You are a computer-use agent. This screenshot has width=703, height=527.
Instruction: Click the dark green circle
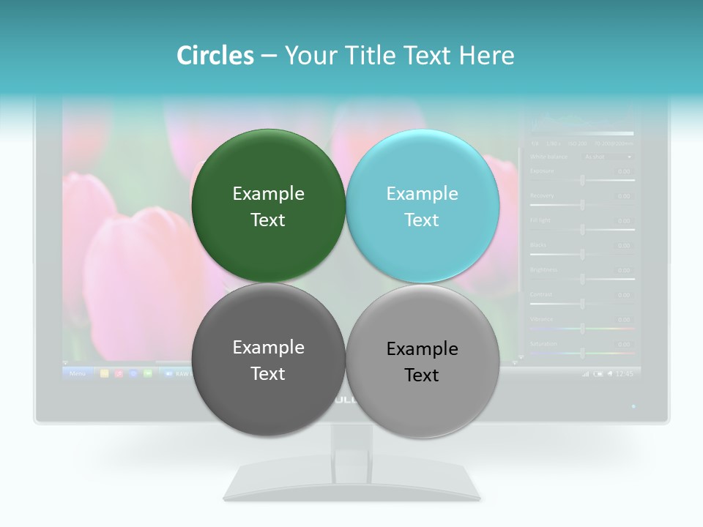(268, 206)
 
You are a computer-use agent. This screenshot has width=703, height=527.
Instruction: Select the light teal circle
(423, 206)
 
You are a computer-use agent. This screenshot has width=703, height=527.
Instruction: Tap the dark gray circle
(268, 360)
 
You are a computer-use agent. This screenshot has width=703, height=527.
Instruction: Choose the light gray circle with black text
(423, 361)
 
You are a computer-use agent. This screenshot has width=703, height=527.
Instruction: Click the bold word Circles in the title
(215, 56)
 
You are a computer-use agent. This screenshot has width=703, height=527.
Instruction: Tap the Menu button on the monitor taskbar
(78, 373)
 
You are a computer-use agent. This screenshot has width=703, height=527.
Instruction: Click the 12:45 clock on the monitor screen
(624, 373)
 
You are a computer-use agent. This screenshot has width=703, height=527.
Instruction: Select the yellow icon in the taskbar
(104, 373)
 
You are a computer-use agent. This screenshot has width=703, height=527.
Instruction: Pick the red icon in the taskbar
(119, 373)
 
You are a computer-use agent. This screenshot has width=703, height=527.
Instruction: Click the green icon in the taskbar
(148, 373)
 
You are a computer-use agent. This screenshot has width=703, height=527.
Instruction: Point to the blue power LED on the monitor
(633, 405)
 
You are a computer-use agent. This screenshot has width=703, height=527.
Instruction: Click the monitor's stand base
(351, 486)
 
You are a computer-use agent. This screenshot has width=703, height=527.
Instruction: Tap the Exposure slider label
(542, 171)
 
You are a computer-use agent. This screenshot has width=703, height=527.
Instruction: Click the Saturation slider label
(543, 343)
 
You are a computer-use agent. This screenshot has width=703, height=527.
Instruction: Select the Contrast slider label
(542, 294)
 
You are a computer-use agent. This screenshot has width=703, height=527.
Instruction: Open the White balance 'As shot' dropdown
(607, 156)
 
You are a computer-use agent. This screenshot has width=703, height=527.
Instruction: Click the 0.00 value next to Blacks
(623, 245)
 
